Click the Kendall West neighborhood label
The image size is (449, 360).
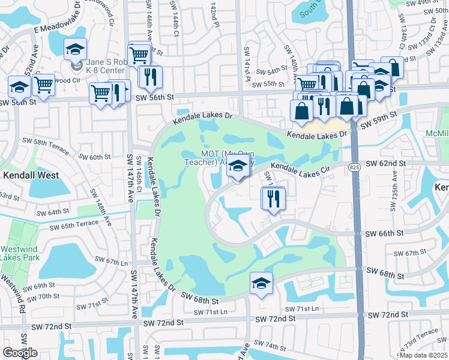[x=31, y=175]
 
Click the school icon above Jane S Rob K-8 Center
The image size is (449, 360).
[x=76, y=49]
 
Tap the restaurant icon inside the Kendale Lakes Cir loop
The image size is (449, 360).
[x=273, y=198]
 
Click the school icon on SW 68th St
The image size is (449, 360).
[x=261, y=283]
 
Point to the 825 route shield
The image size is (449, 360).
[x=357, y=170]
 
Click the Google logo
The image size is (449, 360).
[x=20, y=352]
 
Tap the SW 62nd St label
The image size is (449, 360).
[x=386, y=163]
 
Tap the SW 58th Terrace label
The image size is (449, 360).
[x=56, y=143]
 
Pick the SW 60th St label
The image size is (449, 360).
[x=95, y=157]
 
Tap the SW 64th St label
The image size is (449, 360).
[x=53, y=212]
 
